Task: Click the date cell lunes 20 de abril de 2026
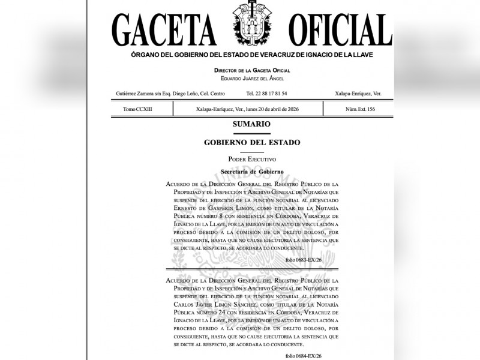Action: point(248,109)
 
